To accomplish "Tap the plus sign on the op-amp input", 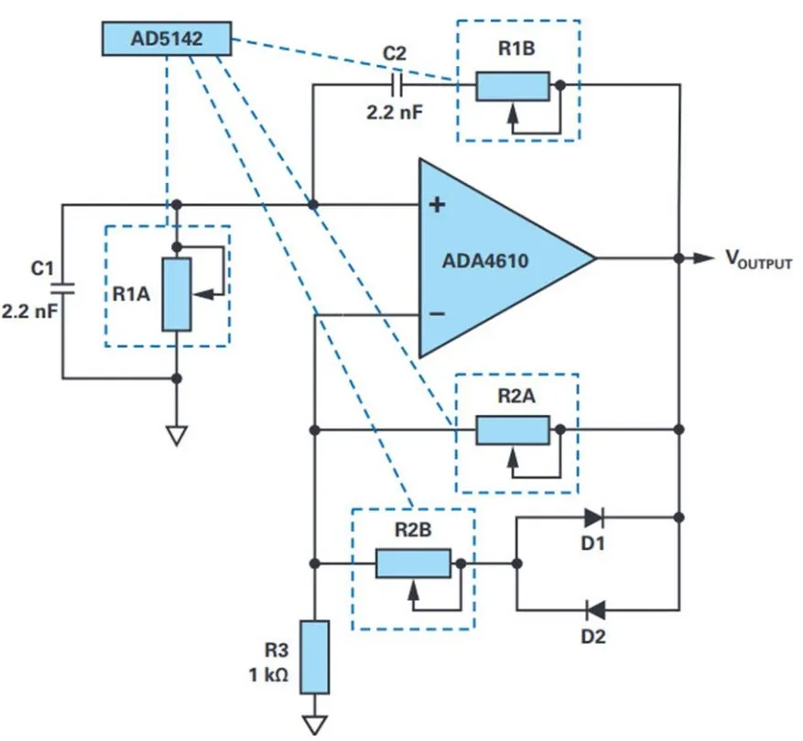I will click(x=437, y=205).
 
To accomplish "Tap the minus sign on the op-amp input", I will click(x=437, y=314).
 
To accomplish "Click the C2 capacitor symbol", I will click(x=396, y=86).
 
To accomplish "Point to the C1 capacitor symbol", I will click(x=62, y=291).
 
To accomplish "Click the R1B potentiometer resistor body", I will click(x=512, y=86).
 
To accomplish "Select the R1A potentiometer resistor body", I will click(x=177, y=294).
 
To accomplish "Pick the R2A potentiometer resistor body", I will click(x=512, y=430).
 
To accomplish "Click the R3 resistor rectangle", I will click(x=314, y=657).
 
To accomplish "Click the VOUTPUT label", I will click(x=759, y=260).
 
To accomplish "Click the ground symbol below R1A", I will click(x=177, y=435).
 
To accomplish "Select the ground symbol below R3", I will click(x=314, y=725).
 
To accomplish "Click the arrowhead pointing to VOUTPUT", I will click(x=705, y=258).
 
